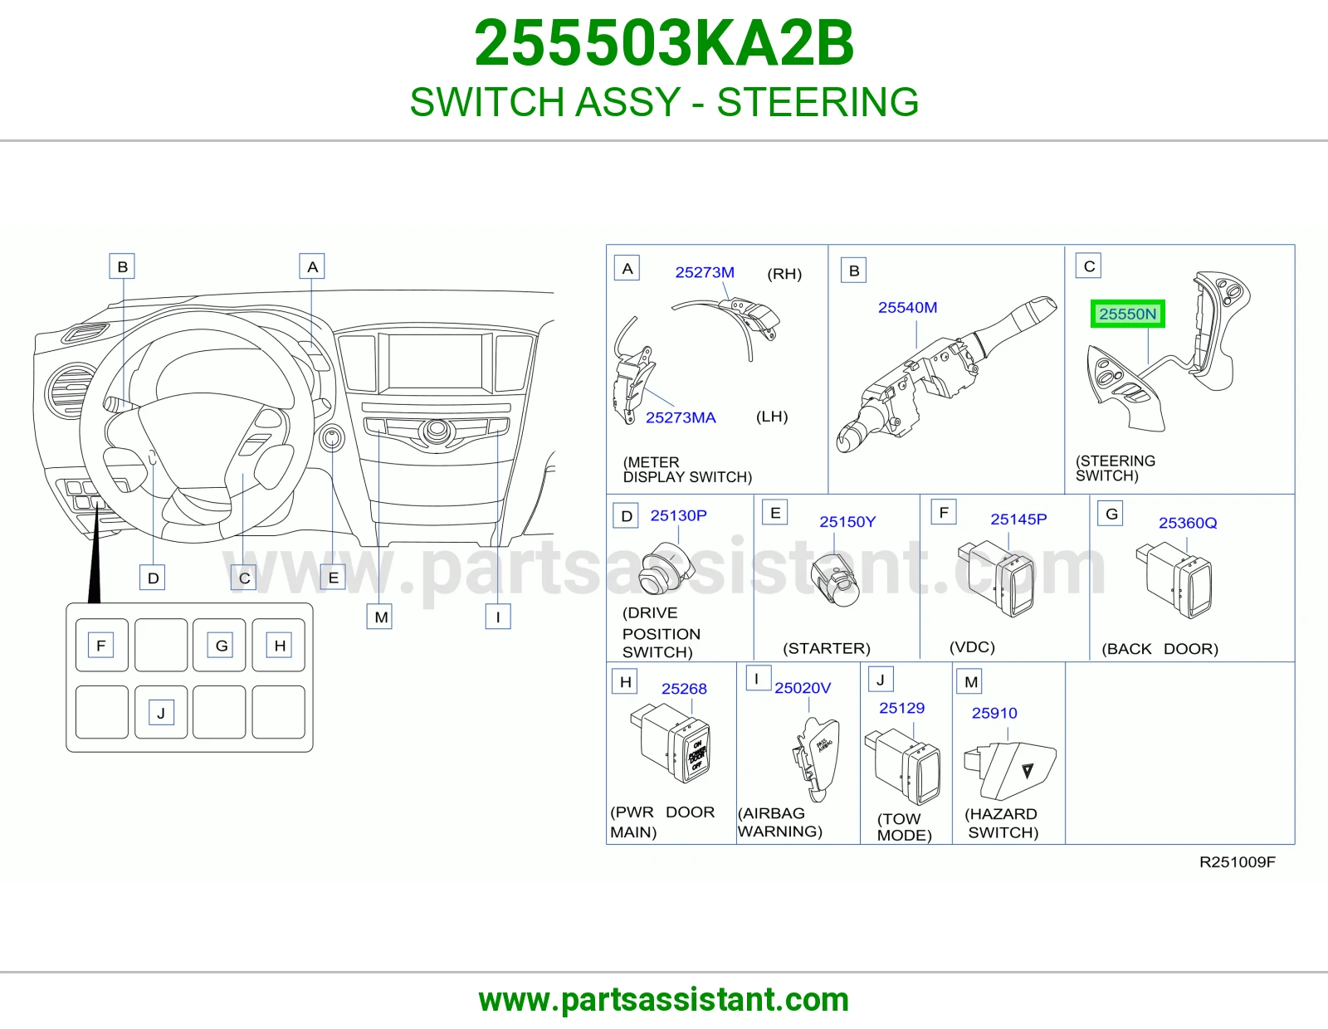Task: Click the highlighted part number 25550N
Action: click(x=1127, y=314)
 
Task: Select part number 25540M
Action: click(x=907, y=307)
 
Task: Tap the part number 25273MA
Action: click(x=681, y=417)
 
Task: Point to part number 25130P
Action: click(x=678, y=515)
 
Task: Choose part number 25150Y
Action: click(x=847, y=522)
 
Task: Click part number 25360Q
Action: click(x=1188, y=523)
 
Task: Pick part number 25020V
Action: click(x=803, y=688)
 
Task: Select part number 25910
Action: click(x=994, y=713)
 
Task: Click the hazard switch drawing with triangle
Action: click(x=1009, y=771)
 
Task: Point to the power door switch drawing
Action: click(x=671, y=743)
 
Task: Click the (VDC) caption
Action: click(x=972, y=647)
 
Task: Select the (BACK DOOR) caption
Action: click(x=1160, y=649)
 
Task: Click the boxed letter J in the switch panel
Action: click(x=161, y=713)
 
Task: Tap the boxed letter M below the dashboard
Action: click(x=379, y=617)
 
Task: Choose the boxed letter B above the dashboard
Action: click(x=122, y=266)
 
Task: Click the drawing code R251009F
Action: click(x=1238, y=862)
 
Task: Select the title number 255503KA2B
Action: click(x=664, y=43)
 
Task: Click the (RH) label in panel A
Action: click(x=784, y=274)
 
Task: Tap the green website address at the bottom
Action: click(x=664, y=1000)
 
